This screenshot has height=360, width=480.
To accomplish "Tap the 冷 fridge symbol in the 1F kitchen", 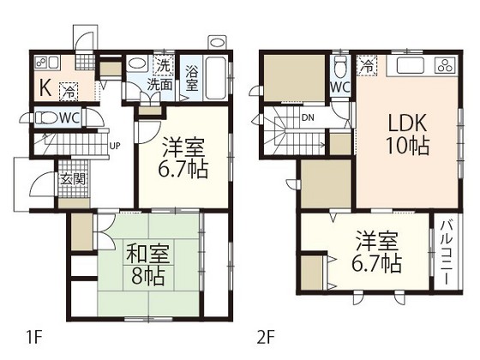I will coord(67,88).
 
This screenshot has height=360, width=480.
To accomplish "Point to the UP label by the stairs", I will coord(114,145).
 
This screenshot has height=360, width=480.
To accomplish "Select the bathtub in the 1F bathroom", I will coord(218,78).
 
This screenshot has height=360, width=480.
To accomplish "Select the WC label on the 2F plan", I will coord(339,87).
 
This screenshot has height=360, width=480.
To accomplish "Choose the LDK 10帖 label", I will coord(406,134).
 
